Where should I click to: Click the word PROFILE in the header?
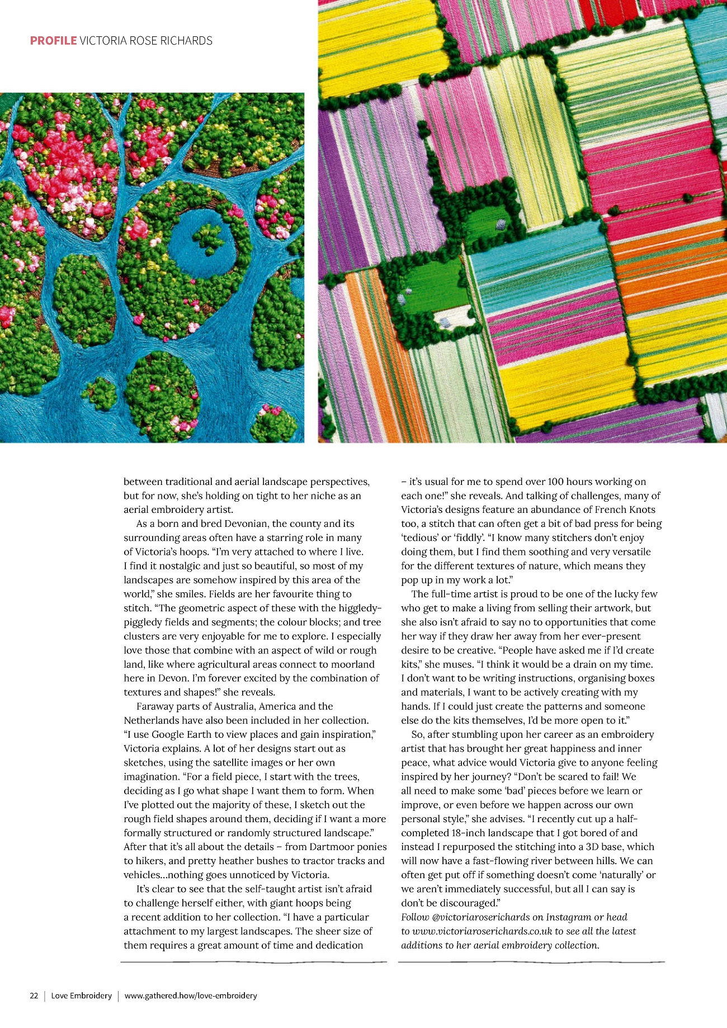click(53, 41)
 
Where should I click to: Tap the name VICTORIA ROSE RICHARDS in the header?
click(146, 41)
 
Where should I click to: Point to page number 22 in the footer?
click(34, 996)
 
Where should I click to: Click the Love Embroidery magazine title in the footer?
click(81, 996)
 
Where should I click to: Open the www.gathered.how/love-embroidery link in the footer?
click(191, 996)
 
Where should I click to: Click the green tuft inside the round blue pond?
click(210, 238)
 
